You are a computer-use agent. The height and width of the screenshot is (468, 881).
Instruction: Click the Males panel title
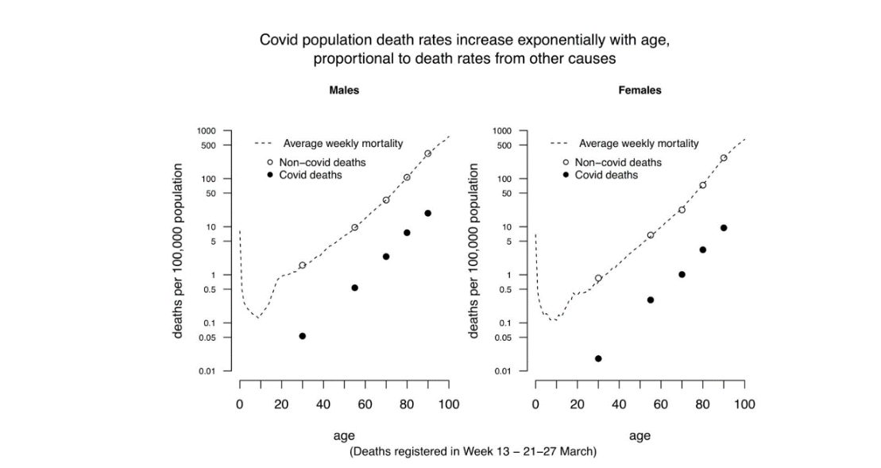344,91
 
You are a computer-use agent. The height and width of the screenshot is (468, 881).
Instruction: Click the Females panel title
639,91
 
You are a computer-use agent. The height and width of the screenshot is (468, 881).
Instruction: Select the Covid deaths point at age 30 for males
302,336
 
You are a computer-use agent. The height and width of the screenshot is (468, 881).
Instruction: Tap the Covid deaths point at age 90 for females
724,228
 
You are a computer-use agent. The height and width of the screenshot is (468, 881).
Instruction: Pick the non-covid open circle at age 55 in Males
354,227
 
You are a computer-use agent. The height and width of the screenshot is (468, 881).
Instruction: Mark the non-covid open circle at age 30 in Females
598,278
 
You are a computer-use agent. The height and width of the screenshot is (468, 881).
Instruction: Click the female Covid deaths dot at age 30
598,358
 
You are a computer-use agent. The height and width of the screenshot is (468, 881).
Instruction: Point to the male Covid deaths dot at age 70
386,257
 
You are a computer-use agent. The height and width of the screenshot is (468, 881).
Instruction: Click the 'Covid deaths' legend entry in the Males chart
310,175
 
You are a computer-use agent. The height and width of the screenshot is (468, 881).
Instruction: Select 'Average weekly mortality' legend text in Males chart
343,144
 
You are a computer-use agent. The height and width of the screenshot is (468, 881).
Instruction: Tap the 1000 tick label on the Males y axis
207,131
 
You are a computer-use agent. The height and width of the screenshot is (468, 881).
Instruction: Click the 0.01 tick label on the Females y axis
504,371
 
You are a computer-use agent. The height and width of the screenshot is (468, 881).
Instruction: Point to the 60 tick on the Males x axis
365,404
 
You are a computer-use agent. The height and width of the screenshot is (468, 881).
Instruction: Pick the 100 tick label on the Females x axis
744,404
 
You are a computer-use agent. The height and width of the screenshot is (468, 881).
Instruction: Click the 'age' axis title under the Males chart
344,435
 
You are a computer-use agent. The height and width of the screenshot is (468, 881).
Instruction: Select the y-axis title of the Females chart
475,251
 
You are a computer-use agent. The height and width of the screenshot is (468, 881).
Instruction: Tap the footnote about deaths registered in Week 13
473,451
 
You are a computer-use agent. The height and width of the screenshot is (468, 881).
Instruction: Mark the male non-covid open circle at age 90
427,153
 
